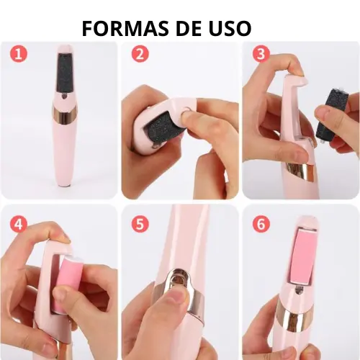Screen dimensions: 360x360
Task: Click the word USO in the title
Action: coord(227,28)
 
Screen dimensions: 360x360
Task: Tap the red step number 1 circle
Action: coord(19,53)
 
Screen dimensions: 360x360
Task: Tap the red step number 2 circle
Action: coord(140,53)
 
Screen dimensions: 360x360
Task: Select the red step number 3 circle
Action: coord(261,53)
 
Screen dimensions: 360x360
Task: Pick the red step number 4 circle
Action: coord(19,224)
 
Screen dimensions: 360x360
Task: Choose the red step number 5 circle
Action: coord(140,224)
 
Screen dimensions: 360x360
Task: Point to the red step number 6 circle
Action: coord(261,224)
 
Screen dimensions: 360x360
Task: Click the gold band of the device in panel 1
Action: coord(65,115)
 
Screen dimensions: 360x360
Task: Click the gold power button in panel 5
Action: coord(179,279)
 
